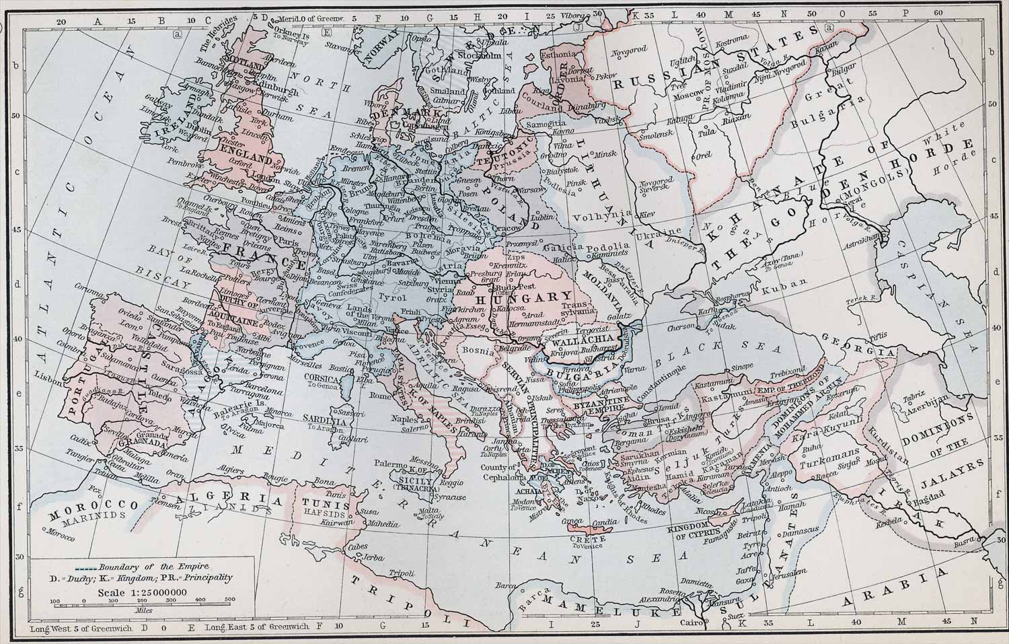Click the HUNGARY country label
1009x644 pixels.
[x=524, y=297]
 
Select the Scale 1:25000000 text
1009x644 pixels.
[x=141, y=592]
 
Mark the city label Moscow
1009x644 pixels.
[x=688, y=96]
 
